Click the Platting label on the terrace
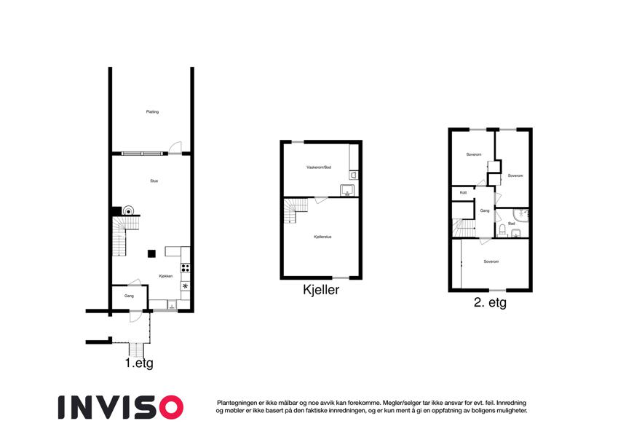coord(152,111)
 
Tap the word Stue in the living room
coord(154,181)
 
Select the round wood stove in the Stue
coord(128,210)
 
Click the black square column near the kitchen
coord(151,253)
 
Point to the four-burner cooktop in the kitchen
coord(185,268)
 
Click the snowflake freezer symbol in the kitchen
coord(185,286)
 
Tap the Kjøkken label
coord(165,276)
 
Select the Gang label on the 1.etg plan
coord(129,296)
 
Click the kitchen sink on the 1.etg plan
coord(172,304)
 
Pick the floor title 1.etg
coord(139,363)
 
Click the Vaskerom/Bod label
coord(319,168)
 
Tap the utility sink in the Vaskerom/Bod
coord(347,190)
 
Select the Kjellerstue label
coord(322,237)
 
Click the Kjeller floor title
coord(321,289)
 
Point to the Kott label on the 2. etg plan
coord(463,192)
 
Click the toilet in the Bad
coord(502,229)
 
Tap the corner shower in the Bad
coord(521,215)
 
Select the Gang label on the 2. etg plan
coord(484,210)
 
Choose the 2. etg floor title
coord(490,302)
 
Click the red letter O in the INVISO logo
coord(170,407)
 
